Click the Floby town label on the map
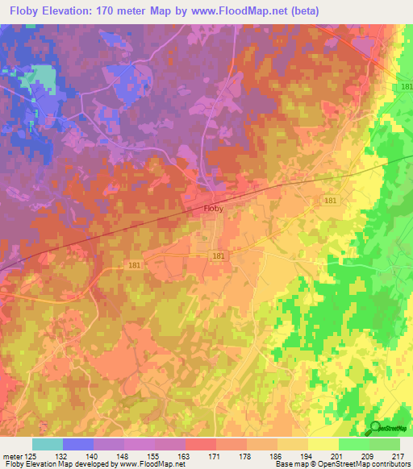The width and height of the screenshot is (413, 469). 213,209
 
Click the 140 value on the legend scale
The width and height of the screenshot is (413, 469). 94,455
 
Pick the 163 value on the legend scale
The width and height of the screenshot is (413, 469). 186,455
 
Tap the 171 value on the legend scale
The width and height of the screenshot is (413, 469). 216,455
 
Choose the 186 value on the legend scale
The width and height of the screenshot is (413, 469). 277,455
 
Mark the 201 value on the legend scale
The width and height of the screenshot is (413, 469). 339,455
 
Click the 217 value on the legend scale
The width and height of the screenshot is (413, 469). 398,455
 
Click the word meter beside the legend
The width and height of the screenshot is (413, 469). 12,455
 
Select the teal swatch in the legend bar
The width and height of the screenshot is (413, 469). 48,444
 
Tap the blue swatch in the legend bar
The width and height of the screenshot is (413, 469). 78,444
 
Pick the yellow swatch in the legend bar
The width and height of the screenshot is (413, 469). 323,444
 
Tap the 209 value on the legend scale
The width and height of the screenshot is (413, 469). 369,455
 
